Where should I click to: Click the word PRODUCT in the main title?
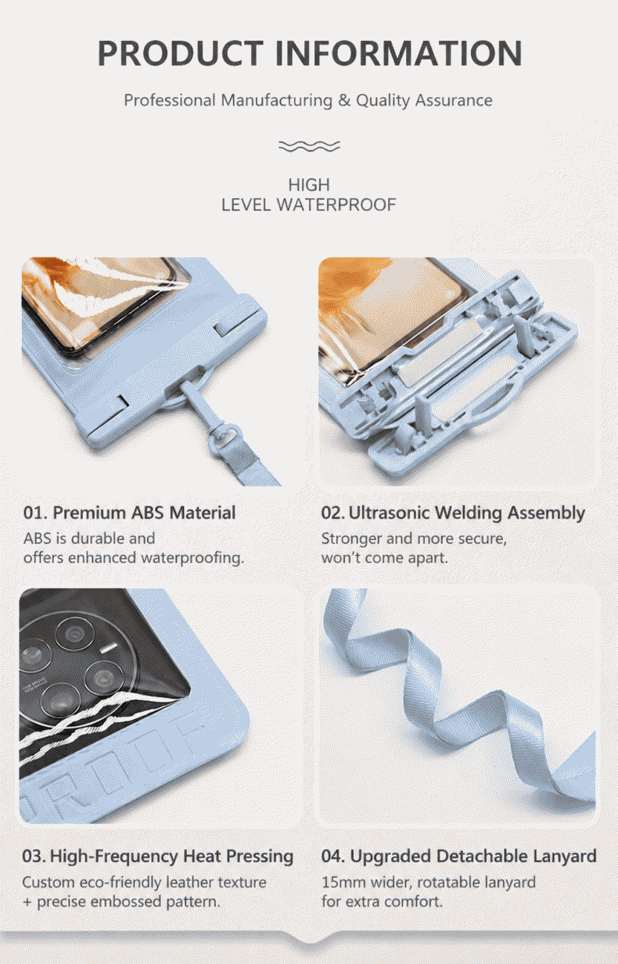[181, 53]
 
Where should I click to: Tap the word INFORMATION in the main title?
[399, 53]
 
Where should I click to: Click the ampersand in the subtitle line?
[344, 100]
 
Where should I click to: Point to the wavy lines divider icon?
[309, 146]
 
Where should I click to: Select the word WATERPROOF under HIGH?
[336, 205]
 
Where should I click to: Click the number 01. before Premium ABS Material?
[36, 513]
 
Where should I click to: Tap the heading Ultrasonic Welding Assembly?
[466, 513]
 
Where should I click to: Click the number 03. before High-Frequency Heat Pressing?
[34, 856]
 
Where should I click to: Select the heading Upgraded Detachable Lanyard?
[473, 856]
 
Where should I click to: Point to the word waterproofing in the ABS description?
[192, 558]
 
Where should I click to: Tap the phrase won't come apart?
[385, 558]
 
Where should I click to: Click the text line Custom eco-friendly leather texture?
[144, 883]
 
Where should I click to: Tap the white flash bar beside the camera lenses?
[108, 648]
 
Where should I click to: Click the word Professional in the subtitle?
[170, 100]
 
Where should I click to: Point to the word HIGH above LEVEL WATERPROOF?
[309, 185]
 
